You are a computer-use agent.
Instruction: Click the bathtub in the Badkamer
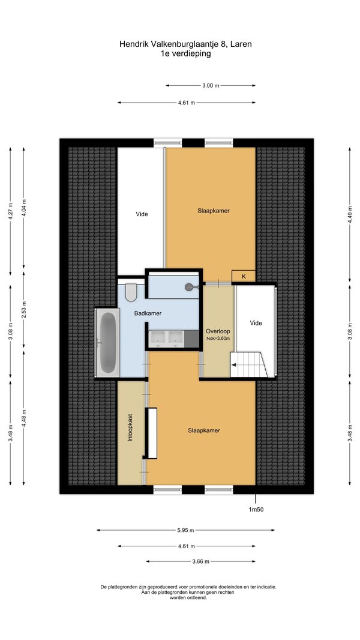107,342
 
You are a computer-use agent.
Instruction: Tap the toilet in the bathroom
131,292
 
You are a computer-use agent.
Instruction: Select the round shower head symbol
189,287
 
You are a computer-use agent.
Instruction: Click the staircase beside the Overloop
248,364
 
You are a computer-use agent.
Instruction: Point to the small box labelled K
244,276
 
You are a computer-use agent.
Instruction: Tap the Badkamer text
148,313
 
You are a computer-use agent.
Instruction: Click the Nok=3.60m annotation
218,338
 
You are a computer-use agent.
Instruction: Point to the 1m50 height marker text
257,509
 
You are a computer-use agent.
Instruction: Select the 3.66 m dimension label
200,561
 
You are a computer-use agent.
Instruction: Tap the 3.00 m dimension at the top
211,86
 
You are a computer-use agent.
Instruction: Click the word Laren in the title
241,44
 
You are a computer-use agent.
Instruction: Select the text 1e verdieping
185,53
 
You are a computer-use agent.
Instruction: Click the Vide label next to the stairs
256,323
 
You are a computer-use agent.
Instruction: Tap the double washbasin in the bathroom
167,339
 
